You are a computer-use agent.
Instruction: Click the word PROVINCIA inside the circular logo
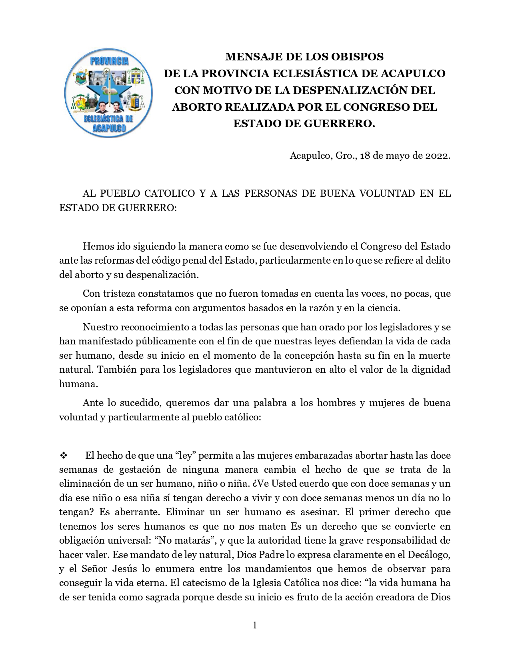[109, 61]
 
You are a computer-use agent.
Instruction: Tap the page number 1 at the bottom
[255, 625]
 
